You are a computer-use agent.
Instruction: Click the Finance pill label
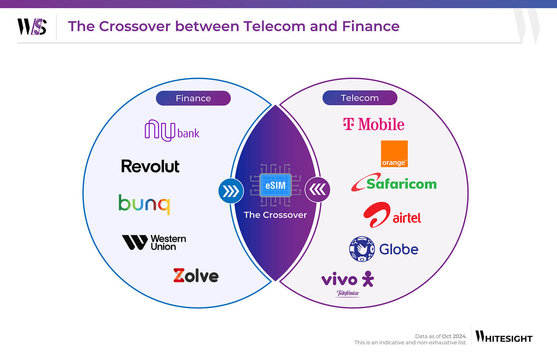[x=193, y=98]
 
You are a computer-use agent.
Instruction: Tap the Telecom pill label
[x=360, y=98]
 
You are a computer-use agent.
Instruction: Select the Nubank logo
[x=172, y=130]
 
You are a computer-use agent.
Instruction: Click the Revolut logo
[x=150, y=166]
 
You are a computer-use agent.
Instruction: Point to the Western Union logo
[x=154, y=243]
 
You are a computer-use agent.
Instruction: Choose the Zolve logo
[x=196, y=275]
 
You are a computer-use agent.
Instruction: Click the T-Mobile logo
[x=374, y=124]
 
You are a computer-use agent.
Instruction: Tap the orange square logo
[x=394, y=154]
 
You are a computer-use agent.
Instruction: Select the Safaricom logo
[x=394, y=183]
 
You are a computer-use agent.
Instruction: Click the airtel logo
[x=392, y=215]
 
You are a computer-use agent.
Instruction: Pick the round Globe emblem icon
[x=362, y=249]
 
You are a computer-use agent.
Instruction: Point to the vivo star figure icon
[x=368, y=279]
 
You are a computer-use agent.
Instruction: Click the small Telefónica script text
[x=348, y=293]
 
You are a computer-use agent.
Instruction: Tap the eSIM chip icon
[x=275, y=186]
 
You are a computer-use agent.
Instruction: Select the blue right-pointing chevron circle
[x=231, y=191]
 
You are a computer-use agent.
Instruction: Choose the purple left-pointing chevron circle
[x=318, y=189]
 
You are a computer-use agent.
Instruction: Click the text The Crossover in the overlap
[x=275, y=215]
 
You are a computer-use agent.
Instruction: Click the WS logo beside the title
[x=32, y=27]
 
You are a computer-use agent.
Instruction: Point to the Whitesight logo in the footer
[x=504, y=337]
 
